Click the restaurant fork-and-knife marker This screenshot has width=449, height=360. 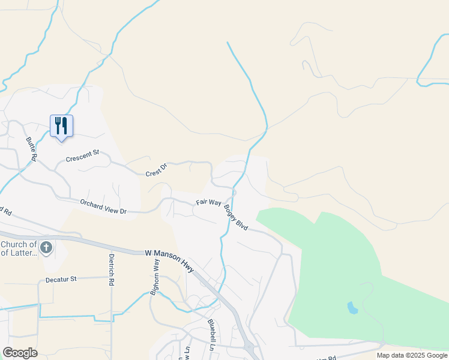tap(61, 126)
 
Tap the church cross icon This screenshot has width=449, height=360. tap(46, 247)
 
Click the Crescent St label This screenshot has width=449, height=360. tap(82, 159)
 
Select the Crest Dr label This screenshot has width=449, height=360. tap(156, 170)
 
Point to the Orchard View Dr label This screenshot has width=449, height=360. tap(104, 207)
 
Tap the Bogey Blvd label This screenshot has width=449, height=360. tap(236, 217)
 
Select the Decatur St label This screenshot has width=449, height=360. tap(62, 280)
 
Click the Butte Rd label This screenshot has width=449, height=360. tap(31, 149)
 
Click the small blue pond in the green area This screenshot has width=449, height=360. tap(352, 308)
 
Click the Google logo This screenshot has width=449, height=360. tap(20, 353)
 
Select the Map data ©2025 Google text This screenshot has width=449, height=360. tap(412, 355)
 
